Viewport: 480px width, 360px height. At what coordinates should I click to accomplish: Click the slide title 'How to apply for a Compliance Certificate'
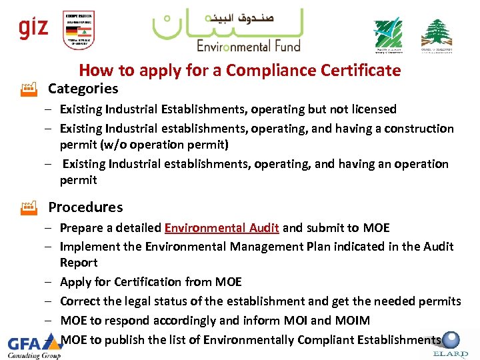240,70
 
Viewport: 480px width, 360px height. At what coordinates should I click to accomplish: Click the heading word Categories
83,88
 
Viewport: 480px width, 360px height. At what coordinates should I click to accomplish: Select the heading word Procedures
85,207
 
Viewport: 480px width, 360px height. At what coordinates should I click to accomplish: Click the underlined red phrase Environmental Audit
221,228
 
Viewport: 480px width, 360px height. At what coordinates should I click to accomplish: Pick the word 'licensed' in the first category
372,109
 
